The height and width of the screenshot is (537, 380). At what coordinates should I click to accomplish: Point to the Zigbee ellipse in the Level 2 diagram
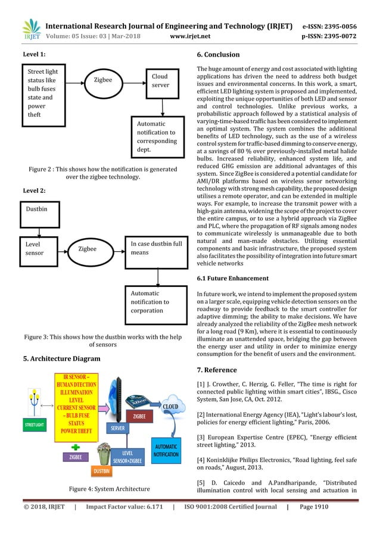coord(88,248)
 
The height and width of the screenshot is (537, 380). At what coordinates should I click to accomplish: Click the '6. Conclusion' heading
coord(218,55)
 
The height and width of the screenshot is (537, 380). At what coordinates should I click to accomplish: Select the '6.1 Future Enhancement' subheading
coord(234,279)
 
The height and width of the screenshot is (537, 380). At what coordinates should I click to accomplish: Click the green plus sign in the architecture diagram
coord(74,445)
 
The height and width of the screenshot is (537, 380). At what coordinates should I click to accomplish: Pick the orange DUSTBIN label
coord(101,472)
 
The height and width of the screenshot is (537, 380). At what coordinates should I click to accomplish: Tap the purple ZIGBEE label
coord(76,457)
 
